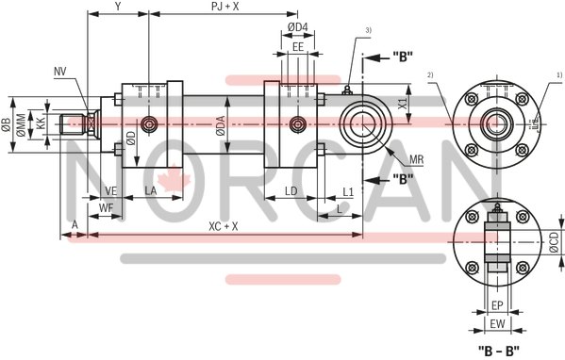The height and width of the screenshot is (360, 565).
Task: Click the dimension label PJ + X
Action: pyautogui.click(x=224, y=7)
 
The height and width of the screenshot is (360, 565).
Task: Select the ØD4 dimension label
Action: pyautogui.click(x=297, y=25)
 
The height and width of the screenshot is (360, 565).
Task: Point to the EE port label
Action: pyautogui.click(x=297, y=46)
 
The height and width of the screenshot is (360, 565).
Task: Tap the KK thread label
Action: pyautogui.click(x=41, y=123)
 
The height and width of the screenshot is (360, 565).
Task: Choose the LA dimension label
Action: pyautogui.click(x=151, y=191)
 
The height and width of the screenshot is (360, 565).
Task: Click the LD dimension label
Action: pyautogui.click(x=291, y=191)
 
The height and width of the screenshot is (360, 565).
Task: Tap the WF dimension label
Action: pyautogui.click(x=107, y=205)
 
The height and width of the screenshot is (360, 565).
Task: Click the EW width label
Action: pyautogui.click(x=496, y=324)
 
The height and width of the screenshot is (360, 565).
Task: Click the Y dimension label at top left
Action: pyautogui.click(x=118, y=7)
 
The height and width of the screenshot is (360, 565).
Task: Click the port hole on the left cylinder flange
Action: pyautogui.click(x=148, y=124)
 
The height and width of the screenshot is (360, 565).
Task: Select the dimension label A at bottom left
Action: pyautogui.click(x=74, y=226)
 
